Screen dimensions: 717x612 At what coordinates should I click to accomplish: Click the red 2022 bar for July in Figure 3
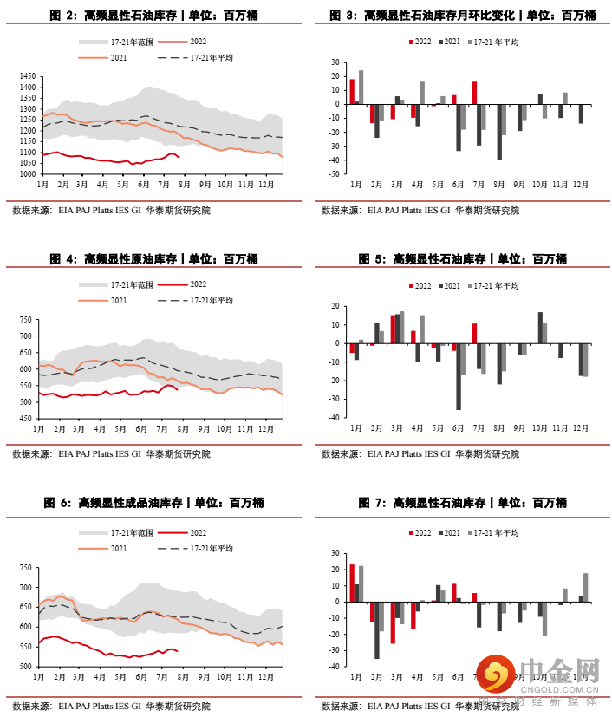[x=475, y=93]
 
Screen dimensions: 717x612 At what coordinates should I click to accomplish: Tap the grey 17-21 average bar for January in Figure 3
[x=361, y=88]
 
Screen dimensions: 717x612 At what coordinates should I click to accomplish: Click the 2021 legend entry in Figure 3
[x=451, y=42]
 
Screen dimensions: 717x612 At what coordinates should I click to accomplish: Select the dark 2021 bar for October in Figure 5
[x=540, y=328]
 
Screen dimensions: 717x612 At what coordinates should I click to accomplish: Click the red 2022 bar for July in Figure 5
[x=475, y=334]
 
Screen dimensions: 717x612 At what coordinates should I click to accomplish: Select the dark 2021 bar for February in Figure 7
[x=377, y=629]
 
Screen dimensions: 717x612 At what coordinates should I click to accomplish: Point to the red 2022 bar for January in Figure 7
[x=352, y=583]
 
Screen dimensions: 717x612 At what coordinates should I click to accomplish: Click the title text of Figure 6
[x=153, y=503]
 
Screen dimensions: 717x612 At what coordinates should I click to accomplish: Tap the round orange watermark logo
[x=494, y=675]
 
